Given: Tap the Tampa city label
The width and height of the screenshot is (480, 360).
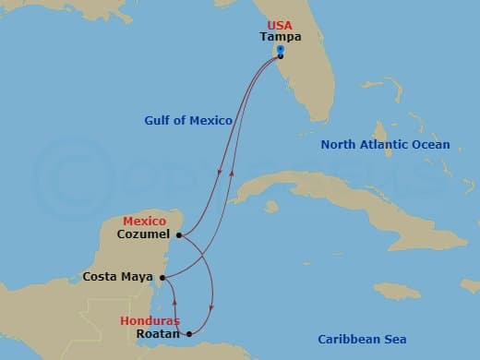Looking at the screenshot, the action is [280, 38].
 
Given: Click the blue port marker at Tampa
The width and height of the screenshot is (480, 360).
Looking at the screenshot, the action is [280, 53].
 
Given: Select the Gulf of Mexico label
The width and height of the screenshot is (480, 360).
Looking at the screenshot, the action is [188, 120].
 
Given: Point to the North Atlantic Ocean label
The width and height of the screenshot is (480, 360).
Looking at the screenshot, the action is [385, 145].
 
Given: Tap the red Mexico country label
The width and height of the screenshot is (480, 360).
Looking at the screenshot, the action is [145, 222].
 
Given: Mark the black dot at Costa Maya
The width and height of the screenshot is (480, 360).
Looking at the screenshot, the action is [162, 277].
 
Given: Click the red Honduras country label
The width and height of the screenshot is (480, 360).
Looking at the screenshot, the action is [150, 320].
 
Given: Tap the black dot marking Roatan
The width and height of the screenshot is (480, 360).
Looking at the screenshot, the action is [189, 334].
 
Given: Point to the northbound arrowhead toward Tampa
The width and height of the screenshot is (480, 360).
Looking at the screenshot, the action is [232, 173].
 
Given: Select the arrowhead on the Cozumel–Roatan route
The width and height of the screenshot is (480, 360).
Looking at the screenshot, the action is [212, 307].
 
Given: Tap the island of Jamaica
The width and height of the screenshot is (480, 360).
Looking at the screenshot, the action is [397, 292].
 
